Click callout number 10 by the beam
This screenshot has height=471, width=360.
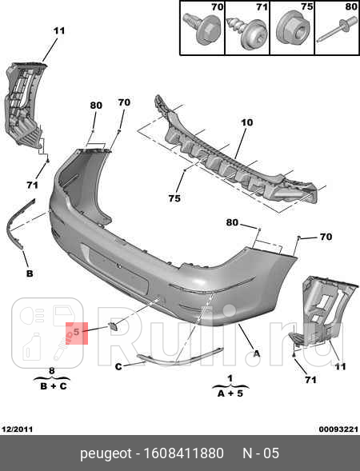coord(246,123)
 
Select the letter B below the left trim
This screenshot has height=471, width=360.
coord(30,273)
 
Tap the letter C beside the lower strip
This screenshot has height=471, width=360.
coord(118,366)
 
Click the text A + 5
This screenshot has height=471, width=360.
coord(230,393)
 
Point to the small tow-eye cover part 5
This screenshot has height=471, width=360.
coord(114,325)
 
